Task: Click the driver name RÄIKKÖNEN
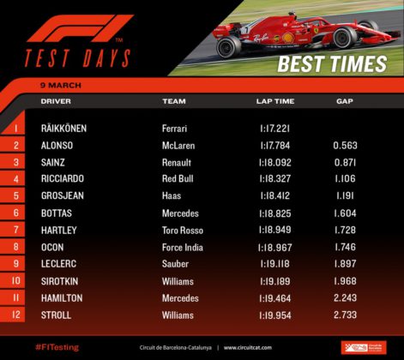63,128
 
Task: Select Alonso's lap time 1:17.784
275,146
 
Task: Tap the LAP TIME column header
275,101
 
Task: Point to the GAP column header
345,101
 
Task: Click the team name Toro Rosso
183,231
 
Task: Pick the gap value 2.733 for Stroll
345,315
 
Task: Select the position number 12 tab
13,315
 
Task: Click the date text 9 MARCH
61,85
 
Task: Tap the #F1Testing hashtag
57,347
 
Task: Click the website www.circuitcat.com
248,348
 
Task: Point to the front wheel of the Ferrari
345,38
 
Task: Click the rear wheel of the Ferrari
229,47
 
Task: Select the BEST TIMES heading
332,63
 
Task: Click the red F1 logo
80,28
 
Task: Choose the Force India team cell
183,247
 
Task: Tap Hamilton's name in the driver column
62,298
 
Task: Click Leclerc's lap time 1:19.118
275,264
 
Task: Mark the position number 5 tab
13,195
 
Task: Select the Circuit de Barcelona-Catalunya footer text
176,348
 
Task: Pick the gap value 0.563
345,146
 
